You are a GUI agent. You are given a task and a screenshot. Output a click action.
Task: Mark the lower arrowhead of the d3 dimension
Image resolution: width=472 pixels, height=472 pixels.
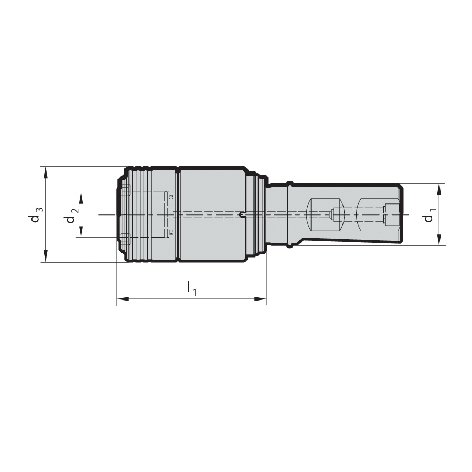point(46,256)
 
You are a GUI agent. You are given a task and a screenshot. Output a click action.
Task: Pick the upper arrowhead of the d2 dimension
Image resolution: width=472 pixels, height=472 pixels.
point(81,198)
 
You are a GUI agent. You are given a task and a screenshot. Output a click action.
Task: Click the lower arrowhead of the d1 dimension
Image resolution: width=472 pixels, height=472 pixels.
point(439,239)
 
